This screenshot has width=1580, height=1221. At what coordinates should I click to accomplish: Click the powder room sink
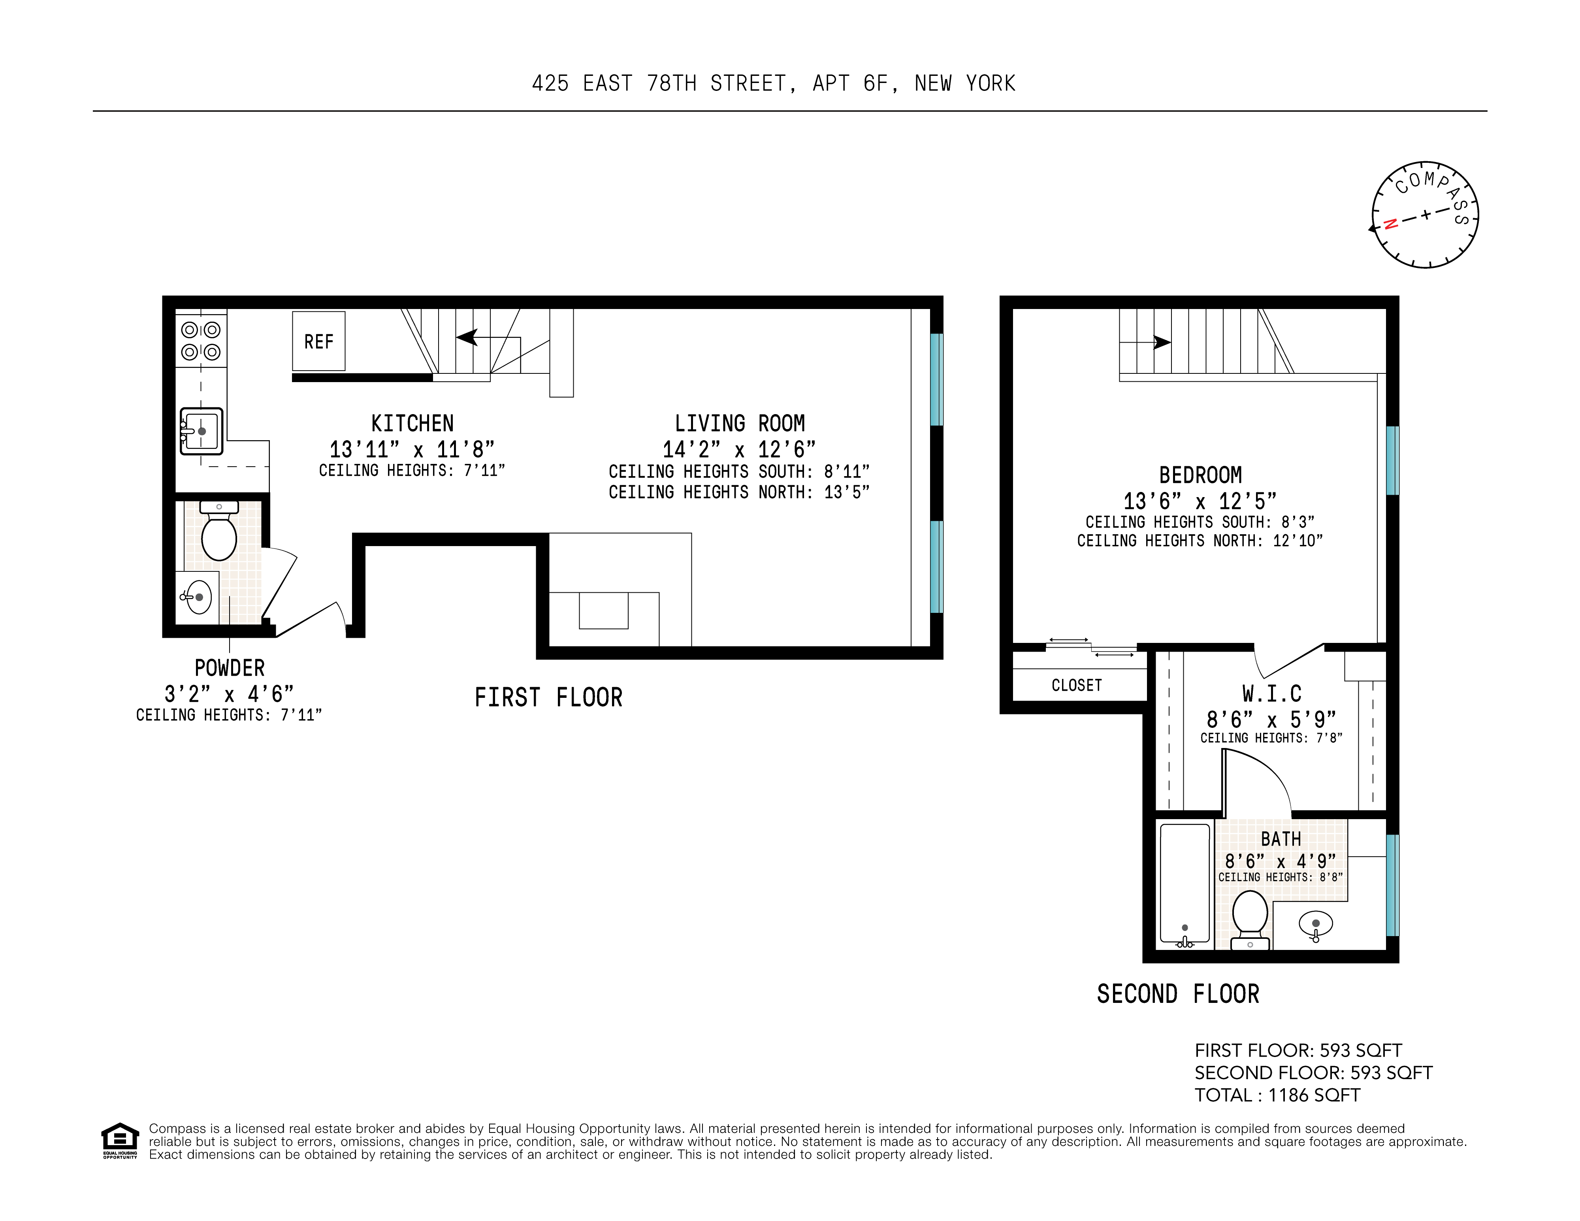click(198, 597)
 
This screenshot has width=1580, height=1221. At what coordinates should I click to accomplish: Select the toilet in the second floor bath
click(1249, 917)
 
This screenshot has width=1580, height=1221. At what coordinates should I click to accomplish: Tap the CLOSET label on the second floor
click(1077, 685)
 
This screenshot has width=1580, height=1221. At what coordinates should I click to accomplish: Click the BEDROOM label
click(1200, 475)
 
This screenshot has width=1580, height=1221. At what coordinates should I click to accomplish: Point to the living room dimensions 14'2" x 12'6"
click(738, 449)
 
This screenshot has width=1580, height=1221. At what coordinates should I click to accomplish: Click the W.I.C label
click(1272, 694)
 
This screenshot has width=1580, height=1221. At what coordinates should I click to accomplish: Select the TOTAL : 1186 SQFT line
click(1277, 1095)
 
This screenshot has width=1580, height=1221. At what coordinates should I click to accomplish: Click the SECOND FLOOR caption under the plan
click(1178, 994)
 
